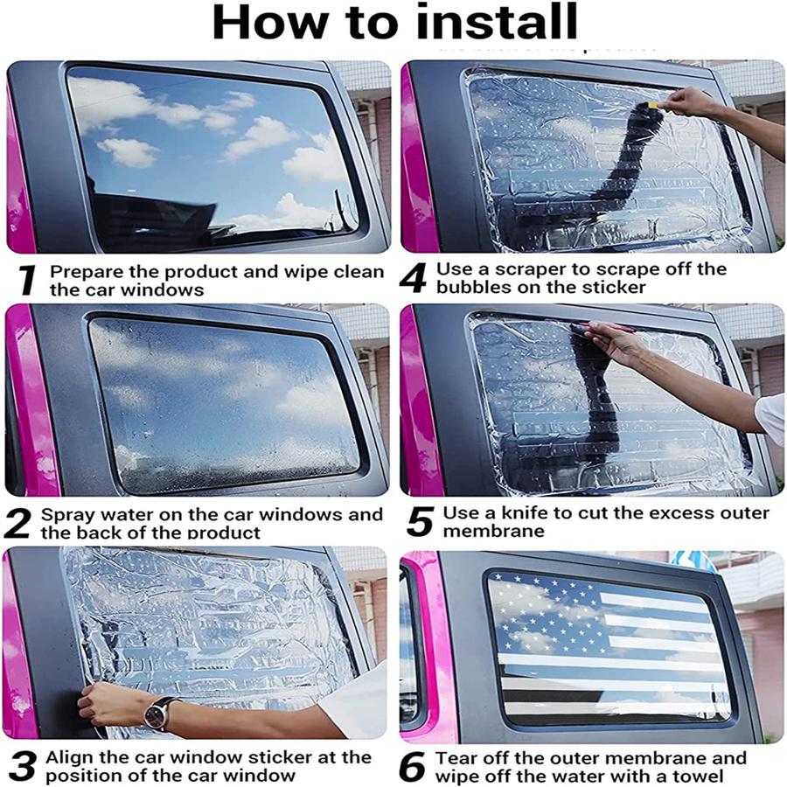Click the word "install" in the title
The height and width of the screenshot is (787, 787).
click(x=498, y=21)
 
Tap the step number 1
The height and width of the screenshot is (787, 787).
click(x=28, y=280)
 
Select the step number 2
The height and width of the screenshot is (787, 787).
click(x=17, y=524)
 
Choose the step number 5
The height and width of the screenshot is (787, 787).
click(x=420, y=521)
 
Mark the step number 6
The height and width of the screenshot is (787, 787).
click(x=413, y=766)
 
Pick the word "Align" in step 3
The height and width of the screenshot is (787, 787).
click(x=69, y=758)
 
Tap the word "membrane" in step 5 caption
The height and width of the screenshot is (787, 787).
click(x=493, y=531)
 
